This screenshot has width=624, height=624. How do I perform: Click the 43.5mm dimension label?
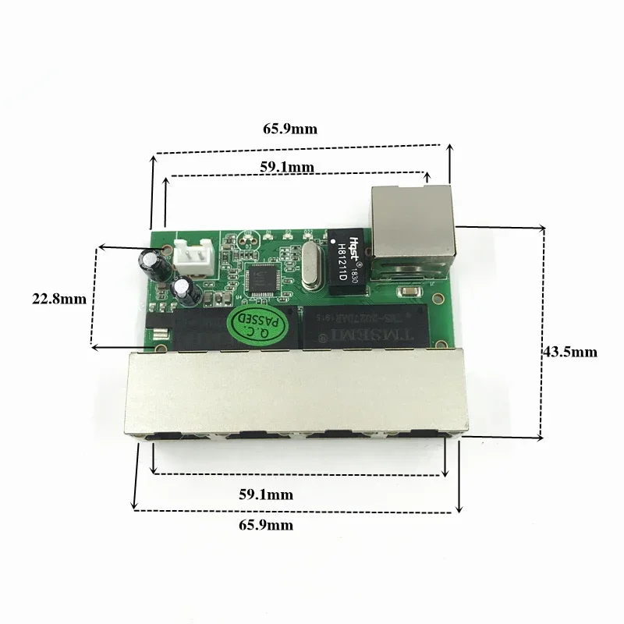tap(569, 352)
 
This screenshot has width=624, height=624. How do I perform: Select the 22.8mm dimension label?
tap(58, 298)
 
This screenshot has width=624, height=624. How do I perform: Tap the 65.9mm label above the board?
tap(289, 129)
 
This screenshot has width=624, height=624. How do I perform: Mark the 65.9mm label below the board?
tap(266, 525)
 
